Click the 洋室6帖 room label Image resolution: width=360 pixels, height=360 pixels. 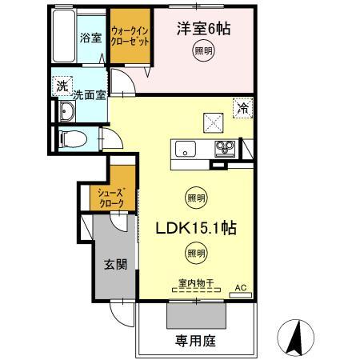click(x=203, y=30)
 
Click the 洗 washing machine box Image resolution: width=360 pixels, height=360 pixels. click(x=62, y=86)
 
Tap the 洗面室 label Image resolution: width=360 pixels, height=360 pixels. click(x=88, y=95)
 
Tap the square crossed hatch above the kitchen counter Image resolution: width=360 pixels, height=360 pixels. click(x=213, y=122)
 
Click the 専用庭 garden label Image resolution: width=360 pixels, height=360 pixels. click(x=195, y=340)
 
